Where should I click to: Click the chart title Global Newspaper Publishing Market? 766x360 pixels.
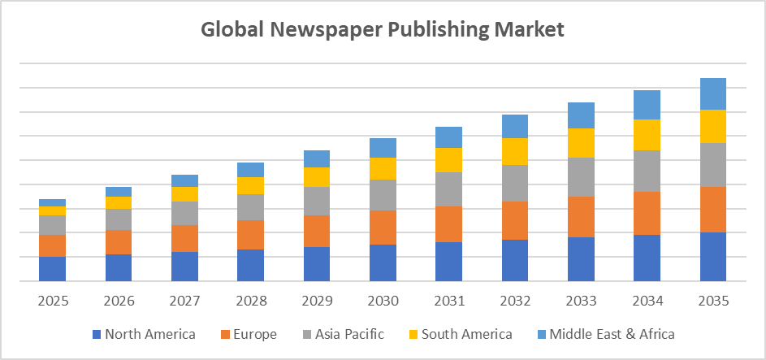tap(383, 30)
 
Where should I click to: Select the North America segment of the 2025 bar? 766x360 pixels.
tap(52, 268)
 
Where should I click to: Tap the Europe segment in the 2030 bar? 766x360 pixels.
tap(383, 228)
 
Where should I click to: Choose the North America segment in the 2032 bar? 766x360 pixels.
tap(515, 260)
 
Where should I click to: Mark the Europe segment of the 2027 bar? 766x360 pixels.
tap(184, 238)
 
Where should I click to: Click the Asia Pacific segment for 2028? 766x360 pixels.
tap(250, 207)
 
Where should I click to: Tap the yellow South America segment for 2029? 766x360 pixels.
tap(316, 177)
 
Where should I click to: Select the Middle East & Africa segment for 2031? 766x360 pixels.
tap(448, 137)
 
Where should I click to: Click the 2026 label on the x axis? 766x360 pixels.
tap(119, 301)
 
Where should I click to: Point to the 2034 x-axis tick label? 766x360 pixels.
tap(647, 301)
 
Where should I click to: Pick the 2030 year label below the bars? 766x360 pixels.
tap(383, 301)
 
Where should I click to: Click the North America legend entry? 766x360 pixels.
tap(144, 334)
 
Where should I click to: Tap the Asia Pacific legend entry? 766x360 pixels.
tap(344, 334)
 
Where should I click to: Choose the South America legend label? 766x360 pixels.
tap(461, 334)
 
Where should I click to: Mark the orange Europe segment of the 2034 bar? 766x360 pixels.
tap(647, 213)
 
